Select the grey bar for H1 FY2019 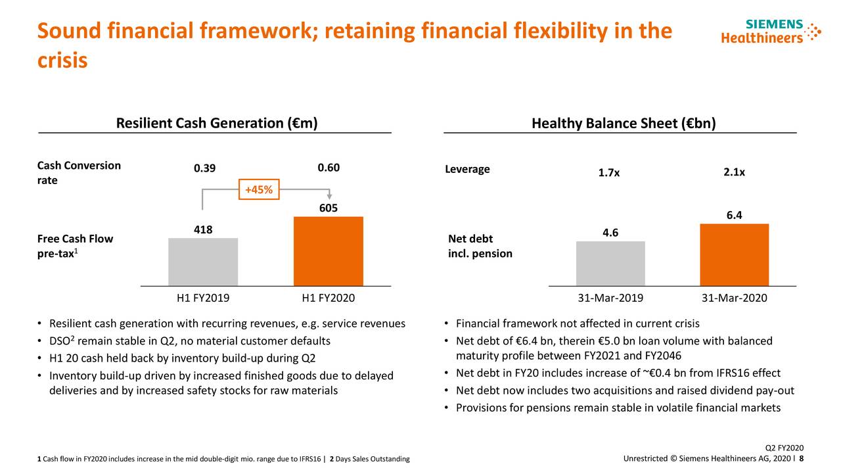pyautogui.click(x=203, y=262)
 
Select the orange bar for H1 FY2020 pyautogui.click(x=328, y=251)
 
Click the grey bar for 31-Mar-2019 pyautogui.click(x=610, y=263)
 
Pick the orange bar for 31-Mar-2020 pyautogui.click(x=734, y=254)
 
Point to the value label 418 pyautogui.click(x=203, y=229)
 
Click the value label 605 pyautogui.click(x=328, y=208)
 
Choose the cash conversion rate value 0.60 pyautogui.click(x=328, y=168)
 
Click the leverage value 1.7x pyautogui.click(x=608, y=173)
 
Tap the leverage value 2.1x pyautogui.click(x=734, y=172)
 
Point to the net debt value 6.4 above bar pyautogui.click(x=734, y=215)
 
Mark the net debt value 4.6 pyautogui.click(x=610, y=233)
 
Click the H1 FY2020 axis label pyautogui.click(x=328, y=298)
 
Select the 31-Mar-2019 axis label pyautogui.click(x=610, y=298)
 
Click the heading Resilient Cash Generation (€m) pyautogui.click(x=216, y=124)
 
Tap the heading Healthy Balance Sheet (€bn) pyautogui.click(x=623, y=124)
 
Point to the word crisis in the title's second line pyautogui.click(x=62, y=60)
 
